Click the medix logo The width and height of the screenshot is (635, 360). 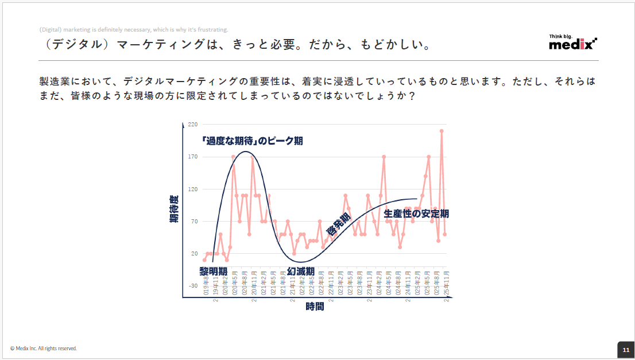coord(572,42)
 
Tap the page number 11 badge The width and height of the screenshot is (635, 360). coord(625,350)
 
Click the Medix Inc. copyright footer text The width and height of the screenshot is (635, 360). coord(44,349)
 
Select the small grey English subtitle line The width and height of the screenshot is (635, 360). coord(134,30)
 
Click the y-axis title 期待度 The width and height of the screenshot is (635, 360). coord(173,209)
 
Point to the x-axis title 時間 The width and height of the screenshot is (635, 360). coord(315,307)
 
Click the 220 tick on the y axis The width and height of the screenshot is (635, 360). coord(192,125)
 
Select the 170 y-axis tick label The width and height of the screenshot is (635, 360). coord(192,157)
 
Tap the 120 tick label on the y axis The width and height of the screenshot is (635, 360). coord(192,189)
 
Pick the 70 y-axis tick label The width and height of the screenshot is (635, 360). coord(193,222)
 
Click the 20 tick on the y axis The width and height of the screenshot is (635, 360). coord(193,254)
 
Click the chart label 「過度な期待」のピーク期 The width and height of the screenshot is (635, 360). coord(252,141)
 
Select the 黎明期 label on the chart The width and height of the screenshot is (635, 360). coord(213,270)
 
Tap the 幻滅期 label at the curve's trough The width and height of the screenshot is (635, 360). coord(301,271)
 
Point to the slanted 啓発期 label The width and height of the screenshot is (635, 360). coord(338,224)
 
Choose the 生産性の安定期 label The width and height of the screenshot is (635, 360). coord(416,214)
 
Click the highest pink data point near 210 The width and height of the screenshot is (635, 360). coord(442,131)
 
